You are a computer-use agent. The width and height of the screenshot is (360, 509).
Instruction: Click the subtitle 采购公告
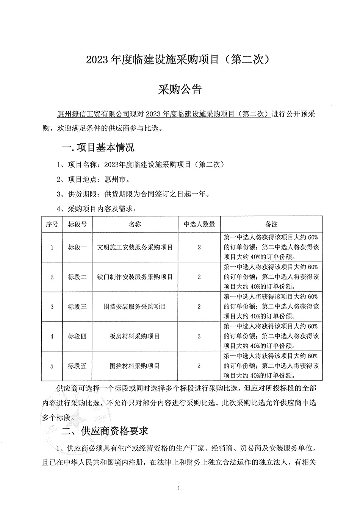(x=180, y=90)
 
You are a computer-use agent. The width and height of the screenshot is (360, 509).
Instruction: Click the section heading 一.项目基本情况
(x=97, y=147)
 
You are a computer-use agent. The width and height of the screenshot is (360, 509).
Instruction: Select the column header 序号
(x=52, y=224)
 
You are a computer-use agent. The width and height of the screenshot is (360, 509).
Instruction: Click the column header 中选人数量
(x=199, y=224)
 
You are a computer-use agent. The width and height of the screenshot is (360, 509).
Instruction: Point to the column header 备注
(x=271, y=224)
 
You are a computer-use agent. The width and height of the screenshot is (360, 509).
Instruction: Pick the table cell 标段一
(x=77, y=247)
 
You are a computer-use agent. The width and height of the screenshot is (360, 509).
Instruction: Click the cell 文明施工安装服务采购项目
(x=135, y=247)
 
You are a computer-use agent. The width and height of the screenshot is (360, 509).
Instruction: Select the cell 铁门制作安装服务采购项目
(x=135, y=277)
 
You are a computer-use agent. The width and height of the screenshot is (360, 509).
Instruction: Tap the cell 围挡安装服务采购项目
(x=135, y=306)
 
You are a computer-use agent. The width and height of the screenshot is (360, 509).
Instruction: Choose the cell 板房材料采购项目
(x=135, y=336)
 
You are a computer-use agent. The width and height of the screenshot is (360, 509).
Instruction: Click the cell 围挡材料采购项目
(x=135, y=366)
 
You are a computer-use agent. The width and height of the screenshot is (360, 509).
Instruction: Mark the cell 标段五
(x=77, y=366)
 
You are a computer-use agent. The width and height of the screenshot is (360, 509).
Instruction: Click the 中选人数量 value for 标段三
(x=199, y=306)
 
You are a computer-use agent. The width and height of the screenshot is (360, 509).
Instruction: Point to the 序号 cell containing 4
(x=52, y=336)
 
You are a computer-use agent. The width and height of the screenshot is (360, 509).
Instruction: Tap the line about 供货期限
(x=133, y=194)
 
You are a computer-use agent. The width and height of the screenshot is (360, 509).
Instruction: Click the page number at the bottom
(x=178, y=487)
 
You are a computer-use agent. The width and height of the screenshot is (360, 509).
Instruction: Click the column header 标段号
(x=77, y=224)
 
